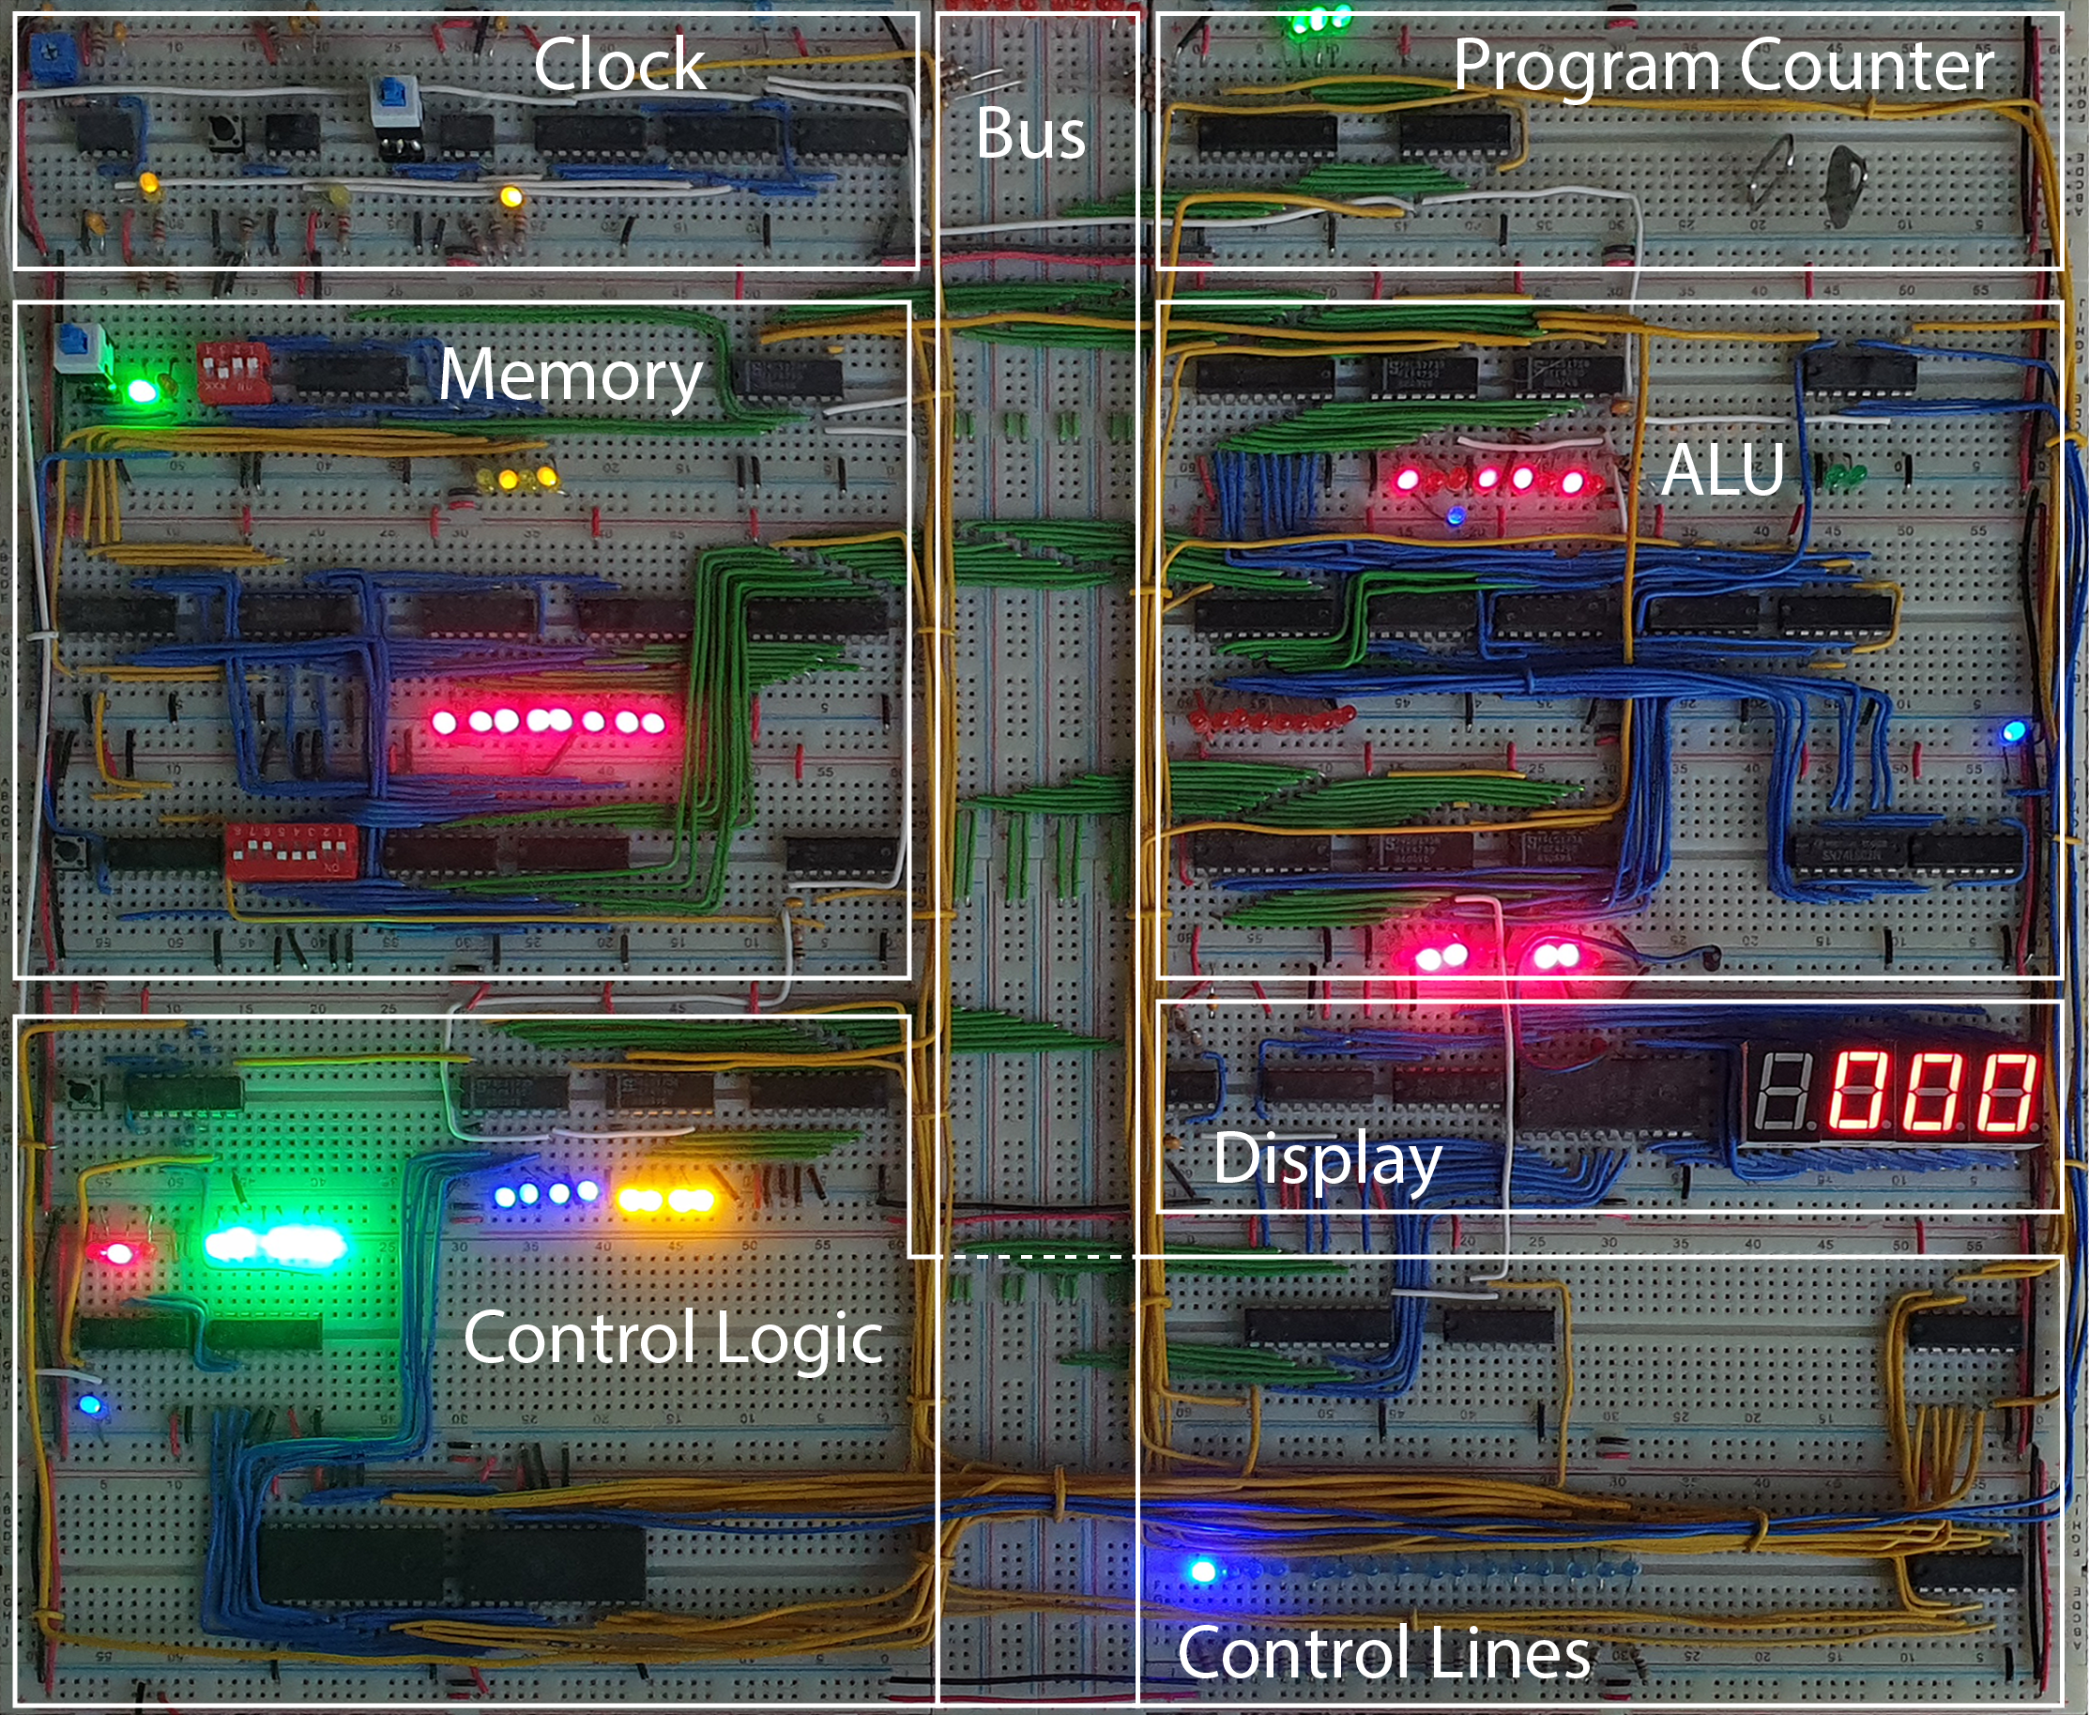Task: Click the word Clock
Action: click(619, 65)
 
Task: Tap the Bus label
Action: click(1030, 133)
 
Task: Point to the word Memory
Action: click(570, 375)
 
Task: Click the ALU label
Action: click(1723, 470)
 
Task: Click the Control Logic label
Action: click(673, 1338)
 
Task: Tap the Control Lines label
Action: click(1382, 1653)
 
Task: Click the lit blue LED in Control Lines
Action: click(1202, 1570)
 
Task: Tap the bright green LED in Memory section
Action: click(143, 391)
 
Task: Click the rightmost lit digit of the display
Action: click(2007, 1091)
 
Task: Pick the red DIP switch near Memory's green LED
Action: click(233, 372)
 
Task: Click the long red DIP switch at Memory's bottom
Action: click(291, 850)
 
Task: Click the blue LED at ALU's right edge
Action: click(2013, 732)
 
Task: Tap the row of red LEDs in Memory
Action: click(549, 721)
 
